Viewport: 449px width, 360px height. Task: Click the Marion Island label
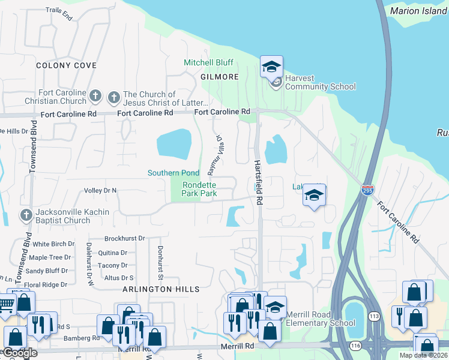point(419,11)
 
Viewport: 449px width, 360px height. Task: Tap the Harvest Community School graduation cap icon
point(271,67)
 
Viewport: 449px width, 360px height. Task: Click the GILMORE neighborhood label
point(220,77)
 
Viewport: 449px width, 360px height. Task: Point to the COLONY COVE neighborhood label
point(66,65)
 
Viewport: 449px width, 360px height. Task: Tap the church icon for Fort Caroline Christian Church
point(95,96)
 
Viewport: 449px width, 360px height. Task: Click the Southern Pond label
point(173,173)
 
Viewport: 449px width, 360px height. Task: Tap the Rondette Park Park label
point(199,189)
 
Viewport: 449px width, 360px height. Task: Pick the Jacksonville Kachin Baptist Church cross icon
point(26,215)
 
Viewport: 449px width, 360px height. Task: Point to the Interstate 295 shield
point(368,190)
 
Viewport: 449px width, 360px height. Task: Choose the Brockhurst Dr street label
point(125,238)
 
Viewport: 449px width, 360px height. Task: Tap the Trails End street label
point(59,14)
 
